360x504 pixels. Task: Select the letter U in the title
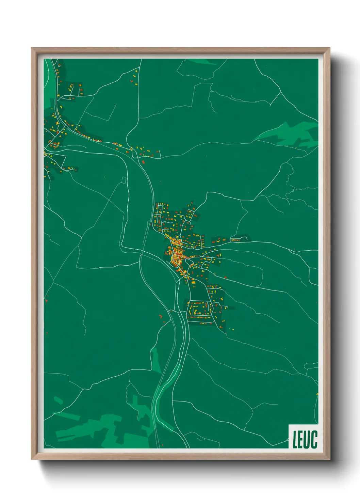[x=307, y=439]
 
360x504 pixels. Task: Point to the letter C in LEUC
[x=314, y=439]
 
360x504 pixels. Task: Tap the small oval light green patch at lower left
[x=58, y=400]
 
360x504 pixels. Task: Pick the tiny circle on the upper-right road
[x=256, y=101]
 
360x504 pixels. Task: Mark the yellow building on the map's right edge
[x=317, y=394]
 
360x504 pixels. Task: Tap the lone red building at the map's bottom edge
[x=163, y=445]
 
